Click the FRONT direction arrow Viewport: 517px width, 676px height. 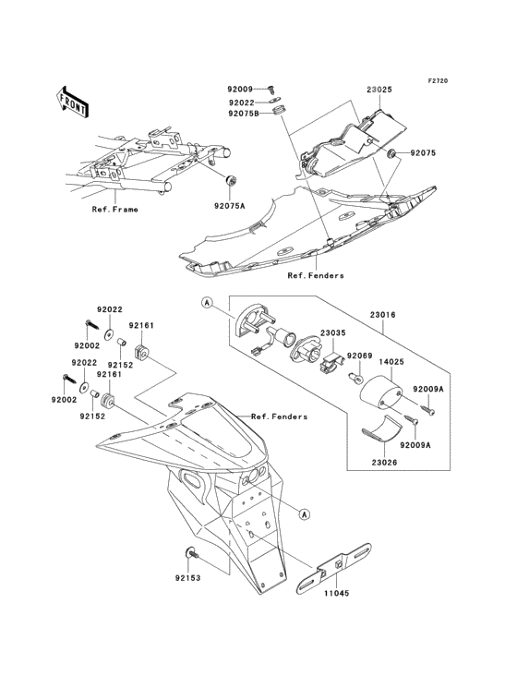click(72, 102)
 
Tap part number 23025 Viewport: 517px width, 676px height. click(379, 91)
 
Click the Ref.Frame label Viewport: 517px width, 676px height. click(115, 210)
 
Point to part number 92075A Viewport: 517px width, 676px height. click(229, 206)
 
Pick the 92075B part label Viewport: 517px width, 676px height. click(244, 114)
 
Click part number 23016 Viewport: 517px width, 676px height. click(382, 315)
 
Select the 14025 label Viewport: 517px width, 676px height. click(391, 362)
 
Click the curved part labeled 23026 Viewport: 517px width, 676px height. click(381, 429)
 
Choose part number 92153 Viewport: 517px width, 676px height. click(187, 578)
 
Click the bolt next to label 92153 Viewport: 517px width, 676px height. click(191, 553)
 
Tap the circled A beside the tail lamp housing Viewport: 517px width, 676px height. click(207, 304)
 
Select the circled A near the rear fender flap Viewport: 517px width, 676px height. click(305, 513)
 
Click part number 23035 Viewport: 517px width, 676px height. click(332, 333)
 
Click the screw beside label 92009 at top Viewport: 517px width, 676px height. click(271, 89)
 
